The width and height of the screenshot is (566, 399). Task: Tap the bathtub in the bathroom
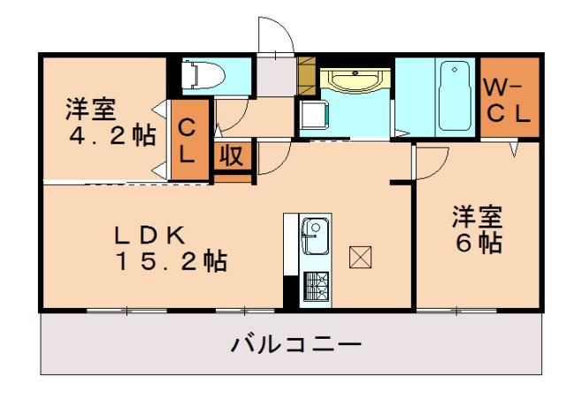455,95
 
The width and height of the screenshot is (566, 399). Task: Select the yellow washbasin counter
355,82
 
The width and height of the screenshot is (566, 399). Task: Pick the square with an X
360,257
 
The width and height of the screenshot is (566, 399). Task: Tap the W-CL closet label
508,99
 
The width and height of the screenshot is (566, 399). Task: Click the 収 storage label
233,156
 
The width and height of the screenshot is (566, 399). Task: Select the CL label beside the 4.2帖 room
187,140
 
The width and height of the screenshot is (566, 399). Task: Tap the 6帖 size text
478,242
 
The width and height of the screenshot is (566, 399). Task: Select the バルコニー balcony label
296,343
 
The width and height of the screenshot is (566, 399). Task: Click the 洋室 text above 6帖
478,216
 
